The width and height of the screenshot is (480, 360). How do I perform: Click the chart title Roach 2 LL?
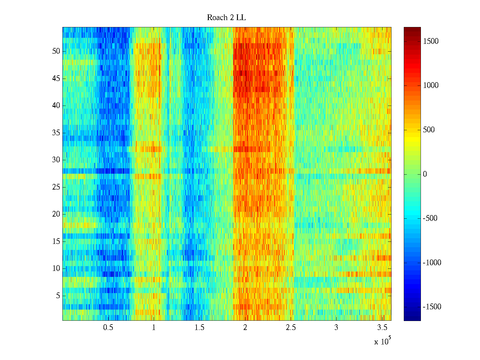[226, 18]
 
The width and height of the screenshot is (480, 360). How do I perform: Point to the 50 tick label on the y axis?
[56, 51]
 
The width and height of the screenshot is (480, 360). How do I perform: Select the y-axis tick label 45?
[56, 79]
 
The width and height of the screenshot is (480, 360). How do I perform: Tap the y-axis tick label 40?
[56, 106]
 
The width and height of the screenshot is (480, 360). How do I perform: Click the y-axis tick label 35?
[56, 133]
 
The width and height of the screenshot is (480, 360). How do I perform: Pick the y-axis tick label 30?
[56, 160]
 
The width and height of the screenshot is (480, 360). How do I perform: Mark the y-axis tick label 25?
[56, 187]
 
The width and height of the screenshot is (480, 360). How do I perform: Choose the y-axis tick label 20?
[56, 214]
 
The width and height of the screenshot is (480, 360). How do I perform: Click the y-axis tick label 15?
[56, 241]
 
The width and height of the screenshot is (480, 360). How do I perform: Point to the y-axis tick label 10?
[56, 268]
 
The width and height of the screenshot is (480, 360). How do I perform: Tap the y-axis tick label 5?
[58, 296]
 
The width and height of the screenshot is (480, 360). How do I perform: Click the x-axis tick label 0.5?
[108, 328]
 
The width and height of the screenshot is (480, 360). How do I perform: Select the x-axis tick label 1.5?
[199, 328]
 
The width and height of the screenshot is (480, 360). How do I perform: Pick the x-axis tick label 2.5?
[291, 328]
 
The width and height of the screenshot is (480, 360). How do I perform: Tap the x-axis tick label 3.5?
[382, 328]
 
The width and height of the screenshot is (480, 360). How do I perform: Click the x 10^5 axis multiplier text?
[382, 341]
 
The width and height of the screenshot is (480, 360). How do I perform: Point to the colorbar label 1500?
[431, 41]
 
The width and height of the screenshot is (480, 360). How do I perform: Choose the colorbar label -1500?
[432, 307]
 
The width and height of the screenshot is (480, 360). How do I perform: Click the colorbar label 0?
[425, 174]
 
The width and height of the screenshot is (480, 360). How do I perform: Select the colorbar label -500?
[430, 218]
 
